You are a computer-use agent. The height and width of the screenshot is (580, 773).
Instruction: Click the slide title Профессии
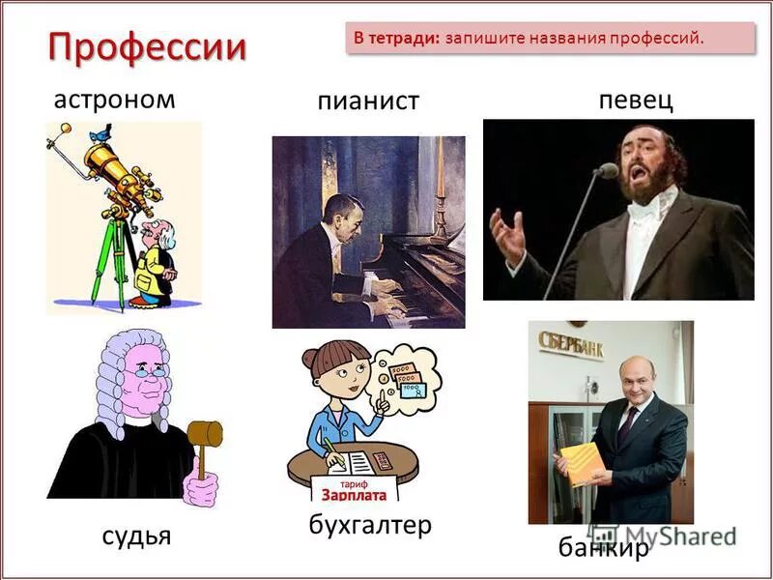coord(147,46)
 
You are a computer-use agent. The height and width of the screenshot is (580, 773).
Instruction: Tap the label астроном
coord(114,100)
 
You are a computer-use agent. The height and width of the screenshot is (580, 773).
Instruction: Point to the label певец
coord(636,101)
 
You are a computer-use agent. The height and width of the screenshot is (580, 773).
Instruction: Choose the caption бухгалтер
coord(370,525)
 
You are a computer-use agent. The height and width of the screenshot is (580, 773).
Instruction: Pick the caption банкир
coord(603,548)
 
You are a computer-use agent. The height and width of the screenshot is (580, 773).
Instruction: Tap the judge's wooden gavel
coord(204,436)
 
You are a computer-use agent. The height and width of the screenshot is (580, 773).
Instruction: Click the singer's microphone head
coord(607,171)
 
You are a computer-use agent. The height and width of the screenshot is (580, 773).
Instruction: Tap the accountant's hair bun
coord(309,360)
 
